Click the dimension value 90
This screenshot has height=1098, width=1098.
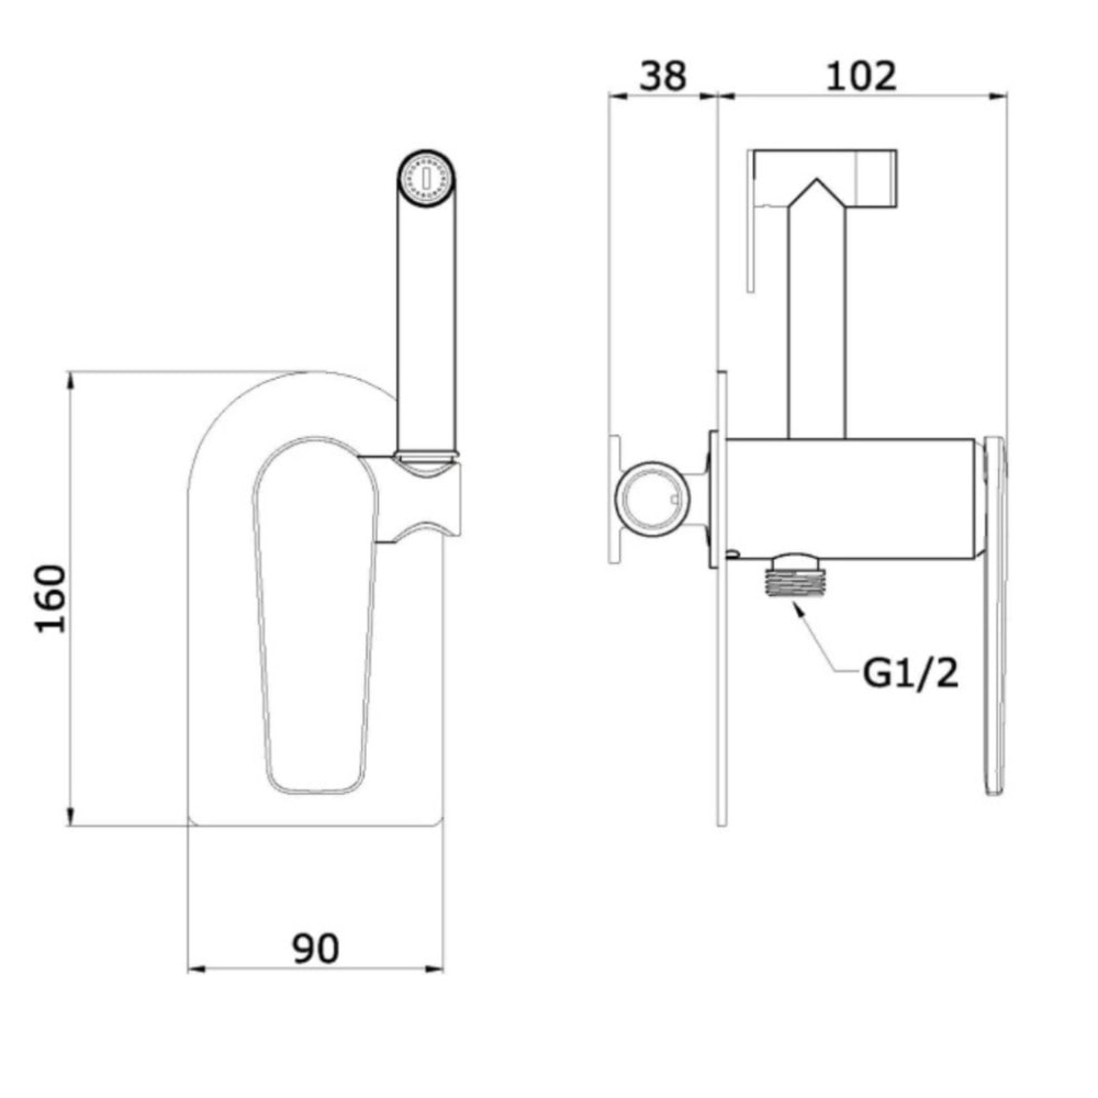316,948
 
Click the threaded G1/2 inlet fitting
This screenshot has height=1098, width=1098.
793,577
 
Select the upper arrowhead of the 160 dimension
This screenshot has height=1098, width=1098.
70,381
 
